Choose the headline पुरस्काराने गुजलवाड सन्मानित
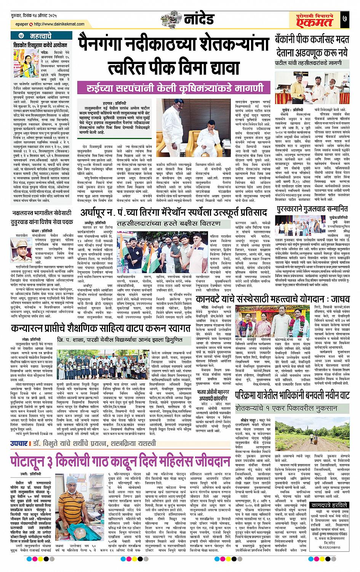tap(312, 209)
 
